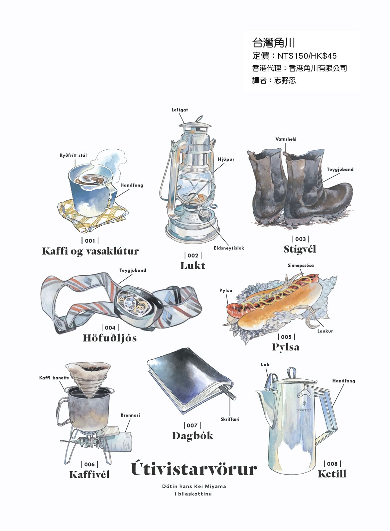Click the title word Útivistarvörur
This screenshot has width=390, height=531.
[194, 469]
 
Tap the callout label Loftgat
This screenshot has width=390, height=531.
[180, 110]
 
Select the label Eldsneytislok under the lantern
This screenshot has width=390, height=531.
[228, 248]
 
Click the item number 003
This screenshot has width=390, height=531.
[300, 239]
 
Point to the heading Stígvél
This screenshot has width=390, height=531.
[300, 249]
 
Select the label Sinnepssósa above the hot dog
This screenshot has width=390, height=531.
[301, 265]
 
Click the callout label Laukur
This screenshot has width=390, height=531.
[325, 331]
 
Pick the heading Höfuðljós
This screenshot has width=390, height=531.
[110, 338]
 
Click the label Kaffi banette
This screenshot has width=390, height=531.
[54, 378]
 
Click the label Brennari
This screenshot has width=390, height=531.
[130, 415]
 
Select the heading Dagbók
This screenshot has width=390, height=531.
[193, 436]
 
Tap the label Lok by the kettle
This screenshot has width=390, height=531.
[265, 364]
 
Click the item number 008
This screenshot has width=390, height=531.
[332, 464]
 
